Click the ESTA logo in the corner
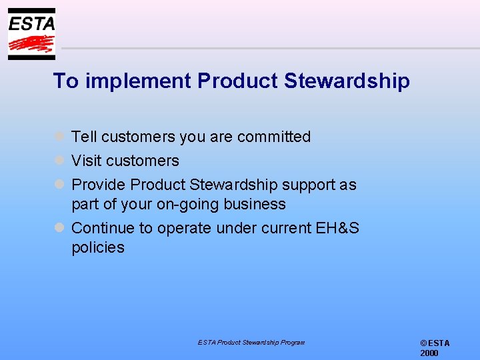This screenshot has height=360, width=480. point(31,33)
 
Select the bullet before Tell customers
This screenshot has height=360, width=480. point(59,136)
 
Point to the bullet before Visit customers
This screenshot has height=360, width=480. point(59,160)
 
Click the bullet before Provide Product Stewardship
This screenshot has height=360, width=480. point(59,184)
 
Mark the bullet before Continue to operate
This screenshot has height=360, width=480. point(59,227)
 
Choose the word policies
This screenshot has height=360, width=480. point(98,247)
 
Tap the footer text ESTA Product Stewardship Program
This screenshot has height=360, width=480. point(251,342)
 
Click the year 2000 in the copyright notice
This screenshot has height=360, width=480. point(429,353)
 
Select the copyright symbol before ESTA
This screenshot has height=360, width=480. point(423,343)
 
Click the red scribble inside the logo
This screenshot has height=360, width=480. point(31,45)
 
